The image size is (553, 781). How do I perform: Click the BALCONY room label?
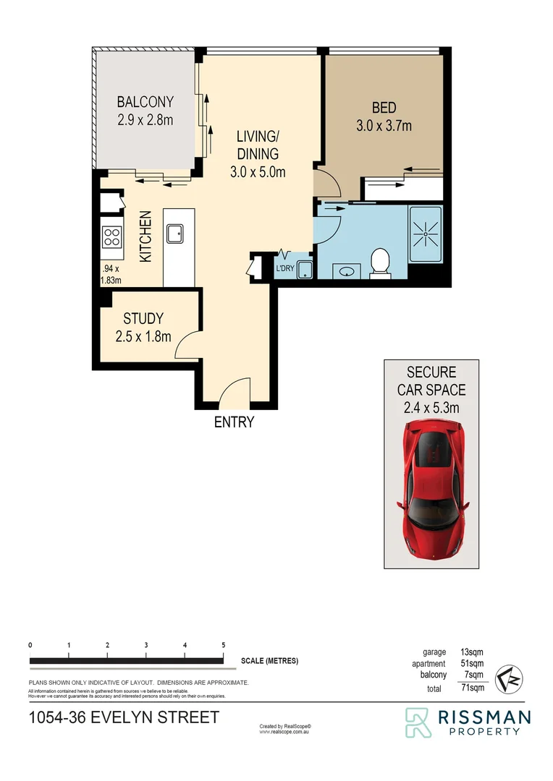(145, 103)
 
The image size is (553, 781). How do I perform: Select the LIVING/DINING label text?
(258, 145)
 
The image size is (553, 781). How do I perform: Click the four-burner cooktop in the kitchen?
(111, 238)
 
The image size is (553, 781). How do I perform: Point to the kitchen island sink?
(175, 234)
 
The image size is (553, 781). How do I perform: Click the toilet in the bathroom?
(379, 263)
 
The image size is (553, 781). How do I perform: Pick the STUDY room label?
(143, 318)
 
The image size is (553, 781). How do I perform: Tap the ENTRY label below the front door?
(234, 422)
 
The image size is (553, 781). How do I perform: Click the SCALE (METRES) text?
(269, 661)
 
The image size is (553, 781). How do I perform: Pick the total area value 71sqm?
(471, 689)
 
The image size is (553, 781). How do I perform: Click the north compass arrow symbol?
(511, 680)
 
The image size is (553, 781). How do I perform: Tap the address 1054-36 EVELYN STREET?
(123, 718)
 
